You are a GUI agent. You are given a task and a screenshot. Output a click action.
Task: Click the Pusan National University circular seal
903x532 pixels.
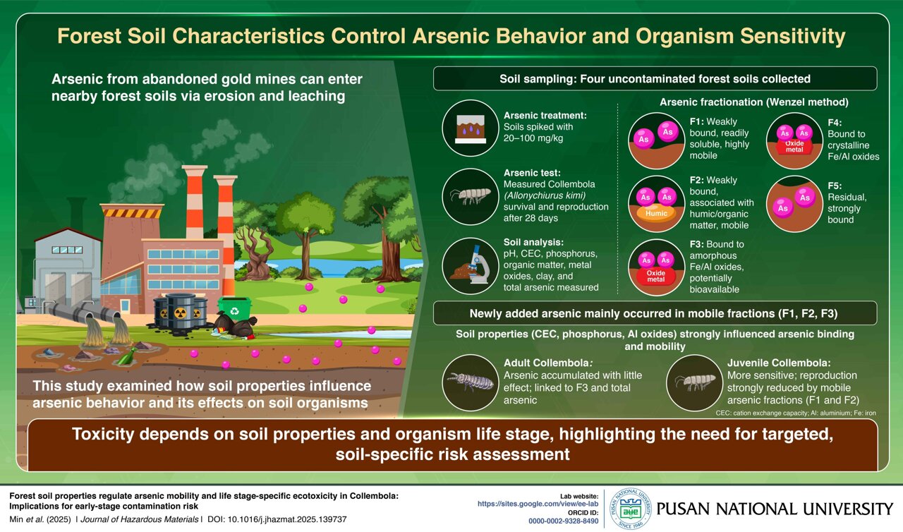click(x=629, y=508)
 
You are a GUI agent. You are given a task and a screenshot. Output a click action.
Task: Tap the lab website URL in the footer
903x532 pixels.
click(x=538, y=504)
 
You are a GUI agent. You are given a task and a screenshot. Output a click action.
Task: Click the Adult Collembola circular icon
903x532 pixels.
click(x=471, y=382)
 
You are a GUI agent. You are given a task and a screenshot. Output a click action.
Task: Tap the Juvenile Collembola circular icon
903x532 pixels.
click(x=693, y=382)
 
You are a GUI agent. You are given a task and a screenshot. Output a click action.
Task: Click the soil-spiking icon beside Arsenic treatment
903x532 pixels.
click(x=471, y=128)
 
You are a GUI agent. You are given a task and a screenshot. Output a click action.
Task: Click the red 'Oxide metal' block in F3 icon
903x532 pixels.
click(x=656, y=276)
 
